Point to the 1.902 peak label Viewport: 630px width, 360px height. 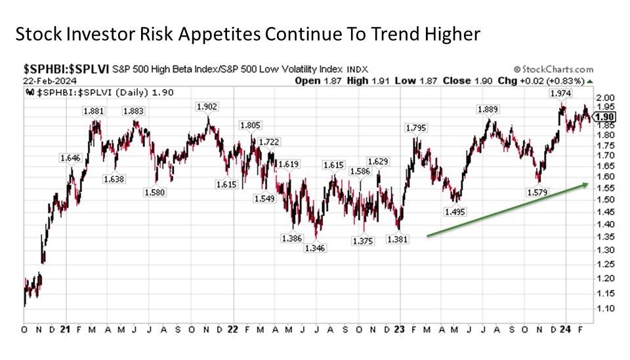click(x=207, y=106)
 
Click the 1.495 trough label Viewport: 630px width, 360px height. click(x=455, y=212)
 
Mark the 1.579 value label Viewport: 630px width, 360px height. click(x=537, y=192)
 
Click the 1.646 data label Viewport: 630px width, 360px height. click(x=70, y=158)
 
